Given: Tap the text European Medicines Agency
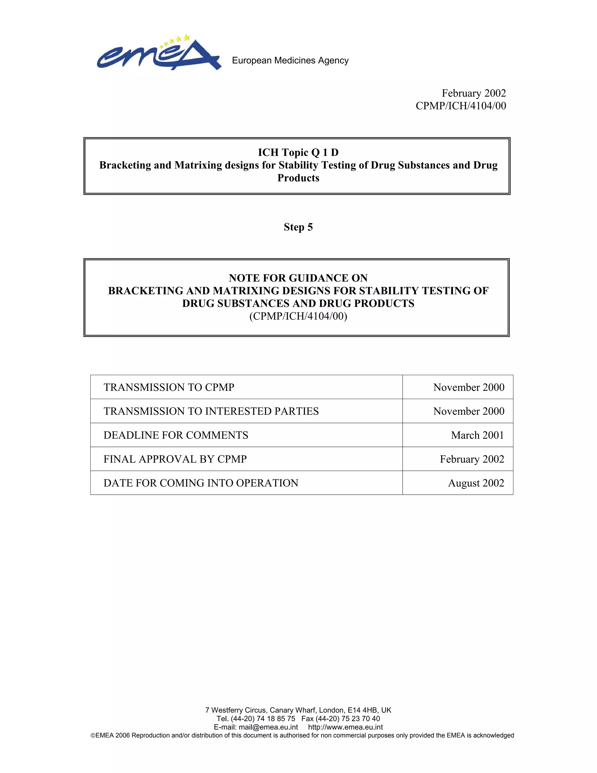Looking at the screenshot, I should tap(290, 60).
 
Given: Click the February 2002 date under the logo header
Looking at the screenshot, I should tap(474, 93).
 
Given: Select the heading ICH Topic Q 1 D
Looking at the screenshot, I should tap(298, 153).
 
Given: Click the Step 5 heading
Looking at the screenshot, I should tap(298, 227).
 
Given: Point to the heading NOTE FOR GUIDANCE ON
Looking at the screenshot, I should tap(298, 278).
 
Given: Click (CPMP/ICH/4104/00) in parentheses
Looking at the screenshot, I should tap(298, 316).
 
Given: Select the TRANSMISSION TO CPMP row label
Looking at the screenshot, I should tap(169, 387).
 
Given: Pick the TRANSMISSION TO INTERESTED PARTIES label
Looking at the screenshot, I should tap(211, 411).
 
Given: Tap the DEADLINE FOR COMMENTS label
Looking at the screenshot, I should tap(176, 435).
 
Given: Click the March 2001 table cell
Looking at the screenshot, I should tap(477, 435).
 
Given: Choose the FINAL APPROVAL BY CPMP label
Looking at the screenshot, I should tap(175, 459).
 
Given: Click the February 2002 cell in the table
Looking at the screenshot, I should tap(472, 459).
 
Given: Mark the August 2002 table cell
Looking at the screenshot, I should tap(476, 483).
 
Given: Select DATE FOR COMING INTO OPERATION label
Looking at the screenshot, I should tap(201, 483).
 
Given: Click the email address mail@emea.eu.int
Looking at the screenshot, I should tap(268, 727).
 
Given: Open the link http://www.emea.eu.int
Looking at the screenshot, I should tap(345, 727).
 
